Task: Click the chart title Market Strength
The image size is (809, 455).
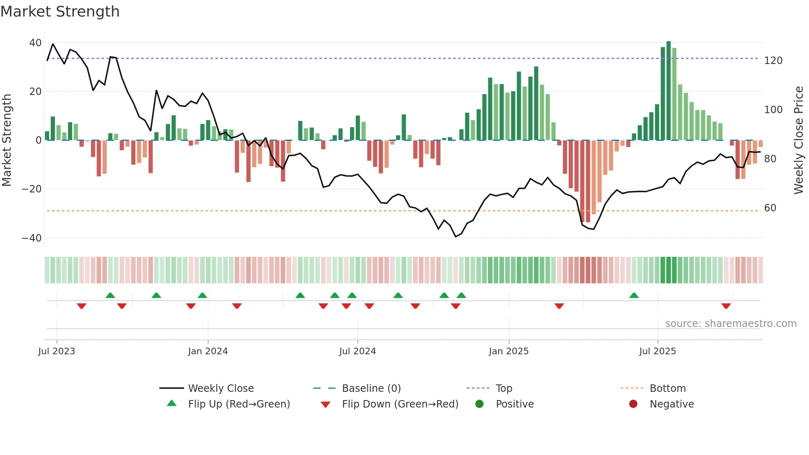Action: [60, 12]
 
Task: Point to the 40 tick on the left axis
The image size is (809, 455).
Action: [35, 43]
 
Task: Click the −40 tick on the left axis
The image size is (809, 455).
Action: [32, 238]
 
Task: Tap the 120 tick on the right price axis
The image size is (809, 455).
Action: [773, 61]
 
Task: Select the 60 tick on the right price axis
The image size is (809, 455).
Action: [770, 208]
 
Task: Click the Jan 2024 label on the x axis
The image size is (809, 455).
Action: [208, 351]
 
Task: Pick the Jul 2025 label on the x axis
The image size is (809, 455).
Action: [658, 351]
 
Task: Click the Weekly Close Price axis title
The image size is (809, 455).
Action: [799, 140]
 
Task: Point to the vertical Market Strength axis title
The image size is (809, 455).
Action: [7, 140]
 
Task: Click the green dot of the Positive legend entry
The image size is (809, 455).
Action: [479, 404]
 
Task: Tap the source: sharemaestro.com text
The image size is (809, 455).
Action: [731, 324]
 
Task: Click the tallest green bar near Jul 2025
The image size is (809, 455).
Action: [669, 91]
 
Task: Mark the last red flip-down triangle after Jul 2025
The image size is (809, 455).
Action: [726, 306]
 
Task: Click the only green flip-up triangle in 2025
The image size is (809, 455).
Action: [634, 295]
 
